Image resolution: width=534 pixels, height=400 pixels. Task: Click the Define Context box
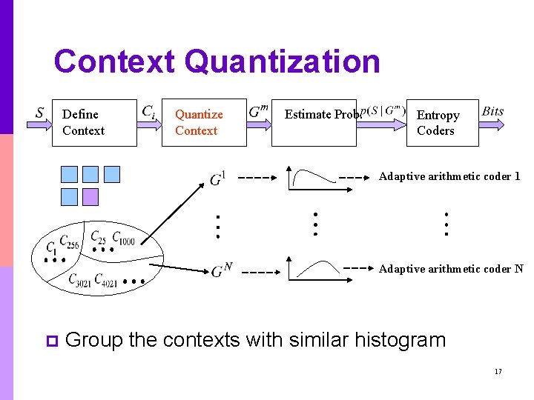[94, 123]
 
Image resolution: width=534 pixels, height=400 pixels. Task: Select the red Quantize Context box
[204, 123]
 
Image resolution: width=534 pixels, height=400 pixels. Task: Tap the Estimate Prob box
[314, 123]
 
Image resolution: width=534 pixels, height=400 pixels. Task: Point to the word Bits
[492, 112]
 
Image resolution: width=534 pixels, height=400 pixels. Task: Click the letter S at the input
[39, 113]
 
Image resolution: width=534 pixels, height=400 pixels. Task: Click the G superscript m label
[258, 112]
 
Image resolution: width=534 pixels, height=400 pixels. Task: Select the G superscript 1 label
[218, 179]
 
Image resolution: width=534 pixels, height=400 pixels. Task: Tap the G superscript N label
[221, 271]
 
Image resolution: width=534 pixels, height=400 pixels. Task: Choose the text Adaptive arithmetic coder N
[451, 269]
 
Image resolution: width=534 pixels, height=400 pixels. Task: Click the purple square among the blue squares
[90, 196]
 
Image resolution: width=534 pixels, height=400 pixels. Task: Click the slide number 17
[498, 371]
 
